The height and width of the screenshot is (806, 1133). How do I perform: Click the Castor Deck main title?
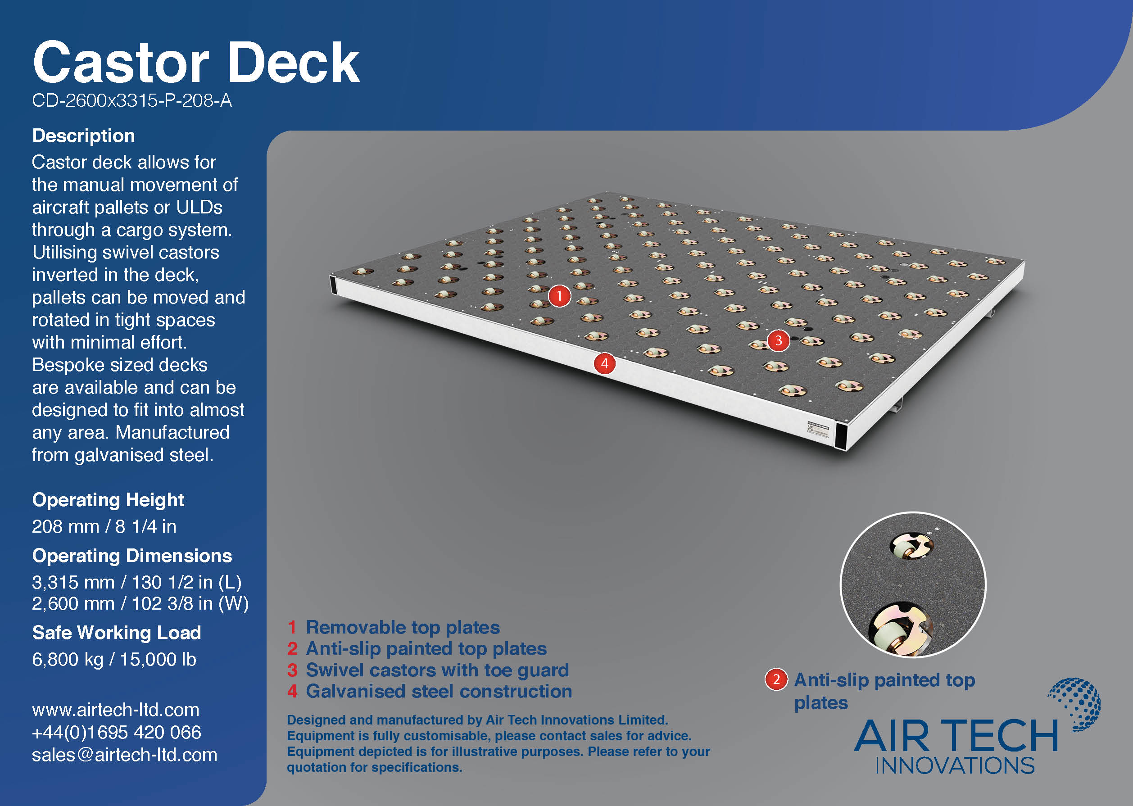[x=196, y=63]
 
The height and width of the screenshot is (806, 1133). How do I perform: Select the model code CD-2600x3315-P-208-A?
[x=132, y=101]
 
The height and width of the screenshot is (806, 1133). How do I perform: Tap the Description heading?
[x=83, y=136]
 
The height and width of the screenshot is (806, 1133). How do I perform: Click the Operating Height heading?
[x=108, y=500]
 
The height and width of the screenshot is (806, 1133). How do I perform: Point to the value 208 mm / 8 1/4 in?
[x=104, y=526]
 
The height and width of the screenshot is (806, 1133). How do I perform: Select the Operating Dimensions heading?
[x=132, y=556]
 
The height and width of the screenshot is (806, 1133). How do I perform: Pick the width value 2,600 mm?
[x=73, y=604]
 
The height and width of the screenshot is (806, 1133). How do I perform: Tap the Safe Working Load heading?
[x=117, y=633]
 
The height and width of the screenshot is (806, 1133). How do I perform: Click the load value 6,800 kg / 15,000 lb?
[x=114, y=660]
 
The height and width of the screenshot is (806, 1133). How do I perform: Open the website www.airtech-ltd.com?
[x=116, y=710]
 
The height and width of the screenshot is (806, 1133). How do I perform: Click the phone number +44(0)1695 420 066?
[x=117, y=733]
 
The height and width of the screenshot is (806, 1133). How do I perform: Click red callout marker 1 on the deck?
[x=559, y=296]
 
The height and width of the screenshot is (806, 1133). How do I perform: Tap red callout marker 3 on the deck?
[x=778, y=340]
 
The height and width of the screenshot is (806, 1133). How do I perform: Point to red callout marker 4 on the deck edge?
[x=604, y=364]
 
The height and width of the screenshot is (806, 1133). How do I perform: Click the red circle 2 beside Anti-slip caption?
[x=776, y=680]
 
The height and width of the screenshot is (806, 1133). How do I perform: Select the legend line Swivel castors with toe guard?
[x=428, y=670]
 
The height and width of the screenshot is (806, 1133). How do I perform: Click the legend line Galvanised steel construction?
[x=430, y=692]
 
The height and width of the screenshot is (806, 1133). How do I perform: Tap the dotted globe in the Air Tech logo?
[x=1076, y=704]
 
